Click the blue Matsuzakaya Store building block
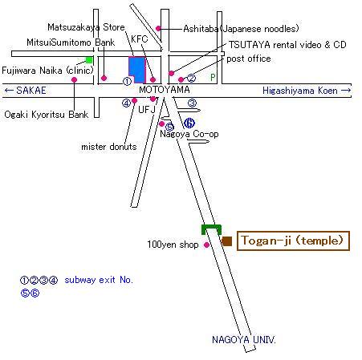(x=136, y=69)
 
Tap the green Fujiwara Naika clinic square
(x=89, y=60)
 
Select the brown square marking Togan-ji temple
(x=227, y=241)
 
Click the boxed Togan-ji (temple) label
(x=293, y=241)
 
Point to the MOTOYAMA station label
(x=165, y=90)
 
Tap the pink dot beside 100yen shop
(x=206, y=245)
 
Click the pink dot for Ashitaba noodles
(x=158, y=28)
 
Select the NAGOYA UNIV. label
(x=244, y=340)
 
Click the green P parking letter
(x=213, y=77)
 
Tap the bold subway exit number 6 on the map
(x=189, y=123)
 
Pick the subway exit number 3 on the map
(x=192, y=103)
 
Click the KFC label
(x=139, y=39)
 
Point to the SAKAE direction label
(x=25, y=91)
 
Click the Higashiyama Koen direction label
(x=307, y=91)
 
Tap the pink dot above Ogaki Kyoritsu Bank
(x=75, y=79)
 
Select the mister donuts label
(x=109, y=147)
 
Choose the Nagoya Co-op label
(x=189, y=134)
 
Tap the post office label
(x=249, y=59)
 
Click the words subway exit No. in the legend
(x=99, y=280)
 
